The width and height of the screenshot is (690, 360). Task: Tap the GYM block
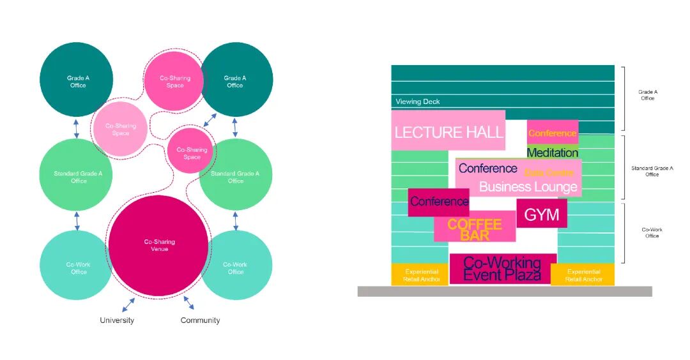click(x=541, y=214)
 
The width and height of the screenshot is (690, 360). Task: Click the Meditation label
click(x=552, y=153)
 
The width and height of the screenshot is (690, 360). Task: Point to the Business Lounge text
click(x=528, y=187)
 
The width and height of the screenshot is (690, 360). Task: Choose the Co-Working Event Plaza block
click(x=502, y=269)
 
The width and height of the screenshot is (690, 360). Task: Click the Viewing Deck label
click(x=417, y=101)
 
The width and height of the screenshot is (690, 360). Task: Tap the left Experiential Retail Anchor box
click(x=422, y=275)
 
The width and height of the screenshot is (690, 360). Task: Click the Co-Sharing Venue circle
click(x=158, y=246)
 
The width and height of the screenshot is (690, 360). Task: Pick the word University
click(x=117, y=320)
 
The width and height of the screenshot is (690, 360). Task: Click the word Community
click(x=200, y=320)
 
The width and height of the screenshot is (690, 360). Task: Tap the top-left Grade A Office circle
click(x=77, y=79)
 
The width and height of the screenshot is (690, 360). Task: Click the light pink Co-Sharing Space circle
click(x=121, y=130)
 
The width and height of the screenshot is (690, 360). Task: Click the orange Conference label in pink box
click(x=552, y=133)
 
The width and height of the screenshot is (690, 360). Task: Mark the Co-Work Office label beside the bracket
click(x=651, y=232)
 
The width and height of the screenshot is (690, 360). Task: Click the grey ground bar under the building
click(x=505, y=291)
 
